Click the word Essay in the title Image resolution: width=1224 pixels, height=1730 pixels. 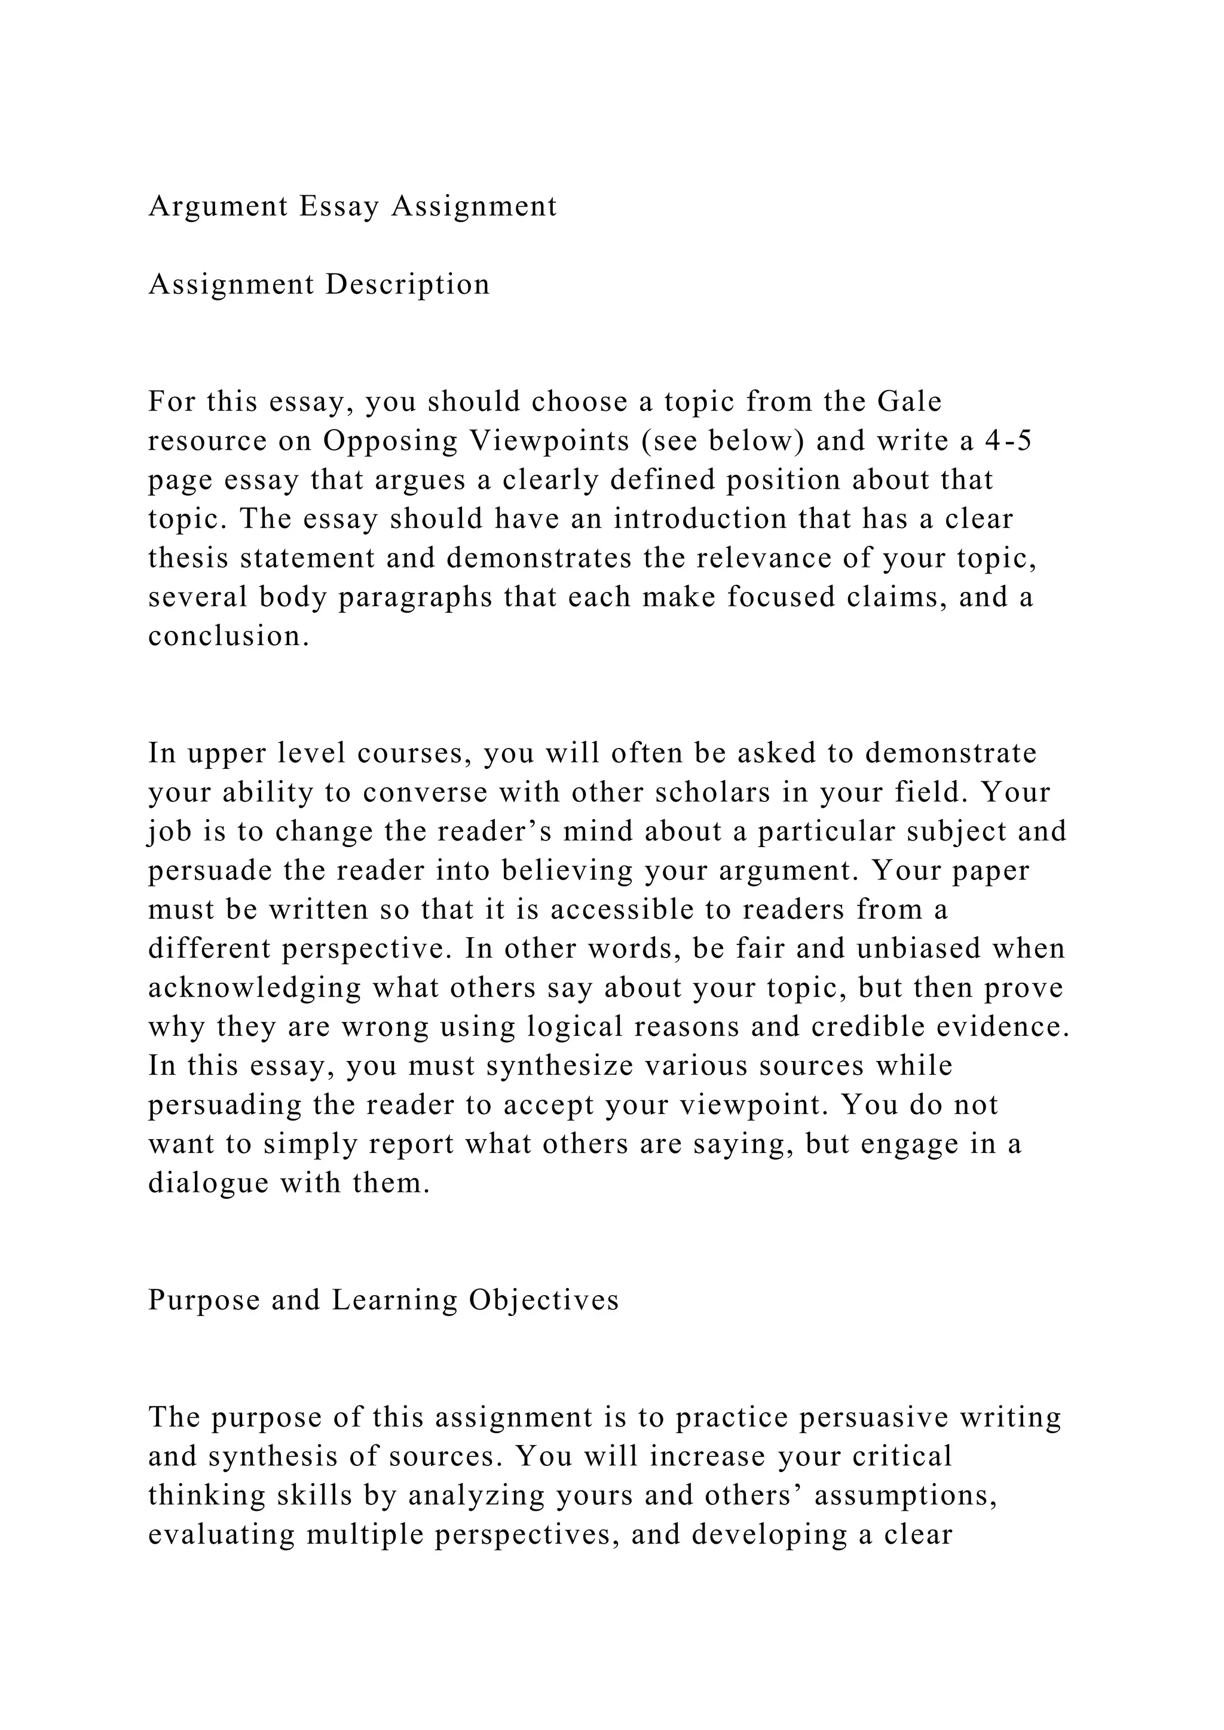pos(338,207)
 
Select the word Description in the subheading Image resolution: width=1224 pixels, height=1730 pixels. pos(408,285)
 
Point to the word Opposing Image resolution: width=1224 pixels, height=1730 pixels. pos(390,441)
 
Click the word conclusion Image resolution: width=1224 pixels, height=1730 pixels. pos(228,637)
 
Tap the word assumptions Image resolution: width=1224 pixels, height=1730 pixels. pos(907,1496)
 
